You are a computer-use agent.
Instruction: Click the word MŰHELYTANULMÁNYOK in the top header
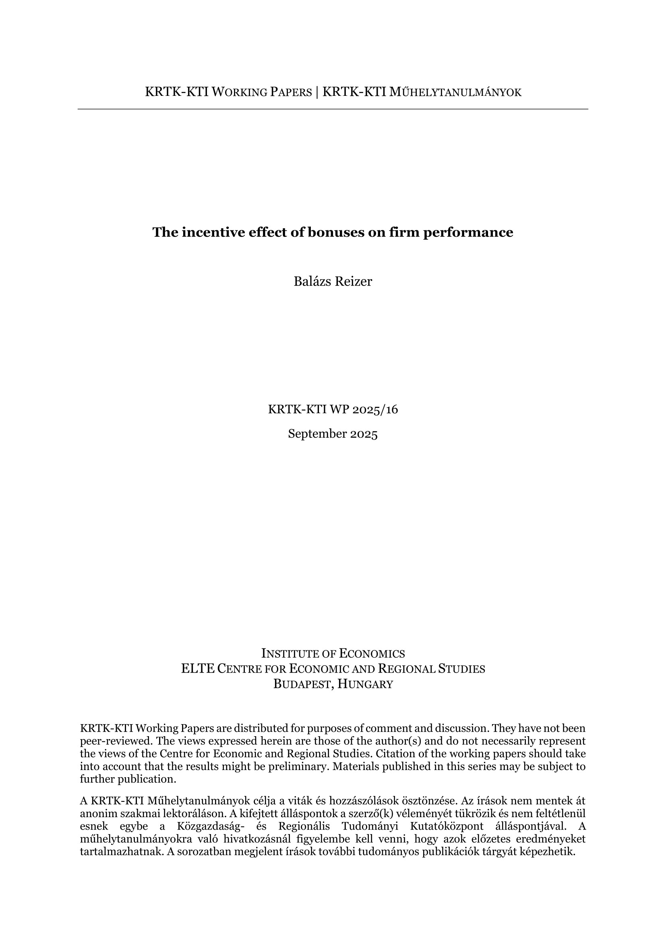pos(455,92)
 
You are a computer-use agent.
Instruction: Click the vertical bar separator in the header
pos(316,92)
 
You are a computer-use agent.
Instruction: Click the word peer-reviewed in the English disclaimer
pos(116,741)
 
